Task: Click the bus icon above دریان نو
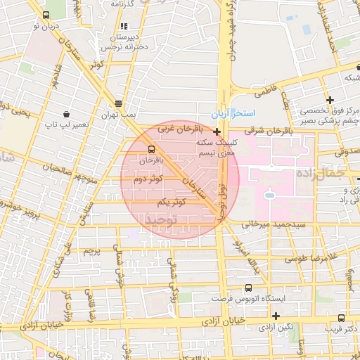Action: [46, 15]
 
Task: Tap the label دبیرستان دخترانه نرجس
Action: [131, 41]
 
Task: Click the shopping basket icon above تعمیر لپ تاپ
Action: [65, 113]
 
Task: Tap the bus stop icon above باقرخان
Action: [151, 149]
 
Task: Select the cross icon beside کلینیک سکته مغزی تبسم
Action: [217, 131]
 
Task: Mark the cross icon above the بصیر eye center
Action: [329, 99]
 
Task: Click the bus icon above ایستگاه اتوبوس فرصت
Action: [248, 288]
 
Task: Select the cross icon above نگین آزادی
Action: [276, 316]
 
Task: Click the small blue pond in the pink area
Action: [269, 195]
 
